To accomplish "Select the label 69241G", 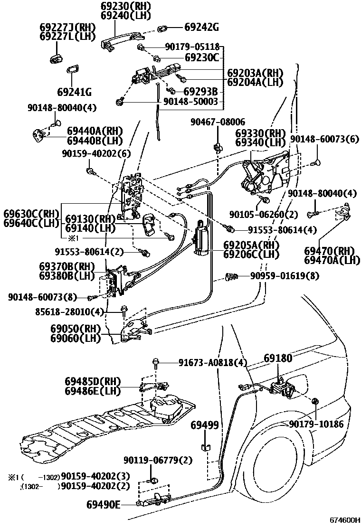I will coord(75,92).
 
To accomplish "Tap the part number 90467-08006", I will coord(218,122).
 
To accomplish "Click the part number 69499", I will coord(205,425).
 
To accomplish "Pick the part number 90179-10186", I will coord(316,424).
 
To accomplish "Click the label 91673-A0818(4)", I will coord(213,363).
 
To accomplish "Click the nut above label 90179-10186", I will coord(314,403).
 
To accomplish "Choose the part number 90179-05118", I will coord(192,47).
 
